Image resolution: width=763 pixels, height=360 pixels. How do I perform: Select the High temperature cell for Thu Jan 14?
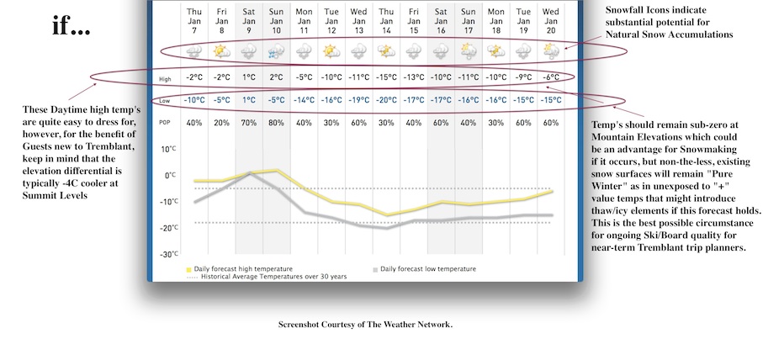386,78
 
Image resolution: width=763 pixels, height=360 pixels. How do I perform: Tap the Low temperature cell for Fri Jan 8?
221,100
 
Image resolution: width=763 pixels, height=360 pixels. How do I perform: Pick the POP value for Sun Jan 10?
276,123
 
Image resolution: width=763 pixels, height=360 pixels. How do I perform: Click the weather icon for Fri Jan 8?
221,51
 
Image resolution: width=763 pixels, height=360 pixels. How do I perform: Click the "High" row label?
167,79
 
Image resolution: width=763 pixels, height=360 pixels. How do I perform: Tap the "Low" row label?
167,101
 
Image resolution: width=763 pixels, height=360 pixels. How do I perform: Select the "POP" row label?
167,123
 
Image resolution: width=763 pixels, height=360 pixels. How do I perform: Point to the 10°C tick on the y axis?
168,150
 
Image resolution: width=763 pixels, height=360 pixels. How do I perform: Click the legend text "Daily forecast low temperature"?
427,268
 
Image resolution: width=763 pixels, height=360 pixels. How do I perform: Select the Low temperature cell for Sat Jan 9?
249,100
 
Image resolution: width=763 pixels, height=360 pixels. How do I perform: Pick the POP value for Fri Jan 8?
221,123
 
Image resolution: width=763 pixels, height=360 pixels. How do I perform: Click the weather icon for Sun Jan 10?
276,51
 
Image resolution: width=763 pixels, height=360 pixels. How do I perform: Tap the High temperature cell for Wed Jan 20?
551,78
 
